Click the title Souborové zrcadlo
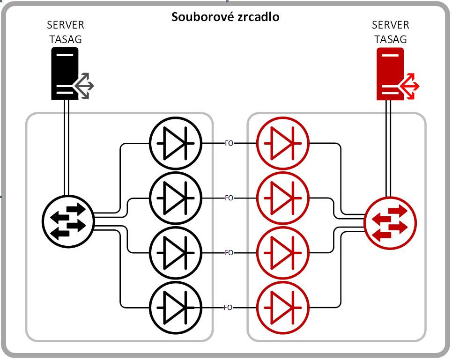pos(225,17)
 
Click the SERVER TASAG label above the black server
pos(66,32)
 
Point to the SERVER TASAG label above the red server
pos(390,32)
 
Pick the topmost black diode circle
pos(175,143)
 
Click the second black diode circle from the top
pos(175,198)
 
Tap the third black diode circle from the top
pos(175,252)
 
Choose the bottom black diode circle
pos(175,307)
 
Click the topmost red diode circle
pos(282,143)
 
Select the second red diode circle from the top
pos(282,198)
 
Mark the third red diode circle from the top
pos(282,252)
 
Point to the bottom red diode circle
pos(282,307)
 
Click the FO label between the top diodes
pos(229,143)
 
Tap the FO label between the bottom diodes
pos(228,308)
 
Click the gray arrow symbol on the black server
pos(85,86)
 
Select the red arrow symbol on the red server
pos(410,86)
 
